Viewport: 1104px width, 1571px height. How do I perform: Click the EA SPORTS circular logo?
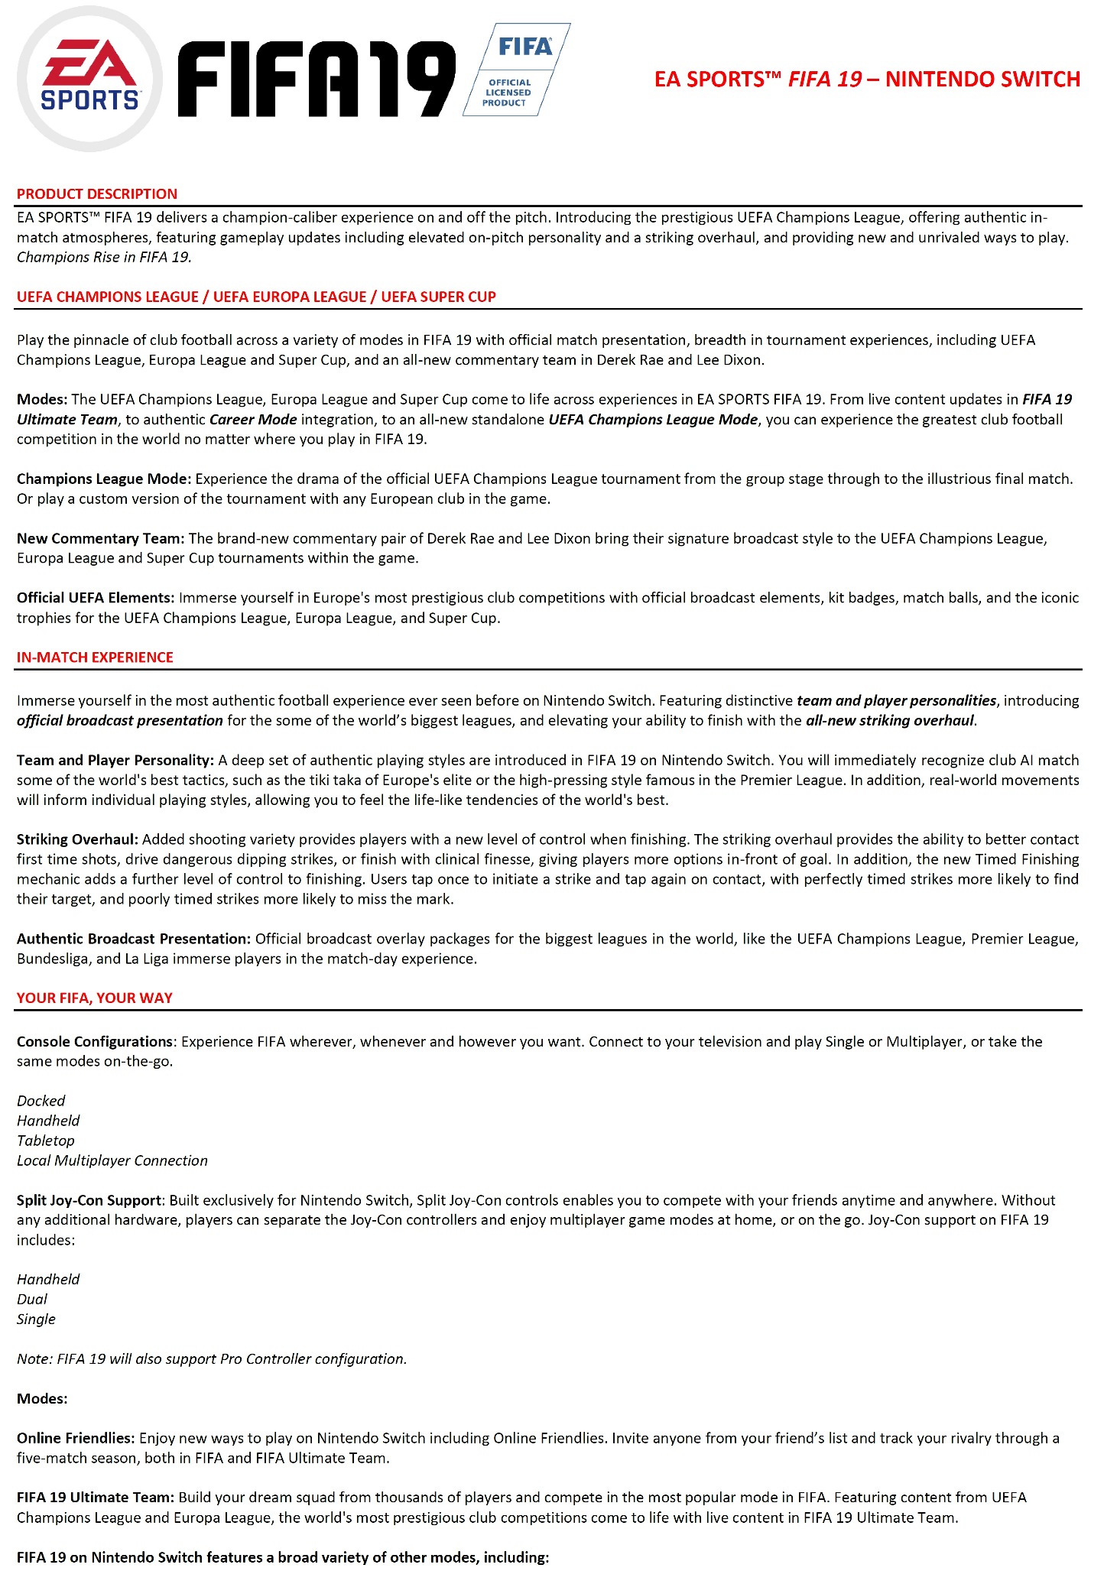89,80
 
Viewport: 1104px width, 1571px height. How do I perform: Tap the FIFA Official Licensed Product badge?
516,70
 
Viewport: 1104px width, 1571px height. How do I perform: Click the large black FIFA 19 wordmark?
317,80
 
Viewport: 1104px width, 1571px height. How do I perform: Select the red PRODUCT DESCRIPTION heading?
97,194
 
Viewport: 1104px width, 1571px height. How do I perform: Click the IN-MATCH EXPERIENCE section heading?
95,657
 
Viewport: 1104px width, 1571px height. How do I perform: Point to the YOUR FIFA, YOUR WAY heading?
95,998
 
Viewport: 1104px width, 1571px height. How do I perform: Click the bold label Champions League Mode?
104,479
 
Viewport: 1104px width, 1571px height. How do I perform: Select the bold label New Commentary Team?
100,539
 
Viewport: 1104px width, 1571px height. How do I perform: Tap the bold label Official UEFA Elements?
96,598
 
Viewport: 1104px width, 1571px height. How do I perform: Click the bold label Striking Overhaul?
77,839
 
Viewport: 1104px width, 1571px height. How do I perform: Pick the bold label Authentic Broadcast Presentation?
134,939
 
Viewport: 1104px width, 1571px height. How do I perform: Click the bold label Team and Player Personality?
115,761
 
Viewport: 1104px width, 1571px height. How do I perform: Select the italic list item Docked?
41,1101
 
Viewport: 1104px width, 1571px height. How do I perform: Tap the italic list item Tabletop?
46,1141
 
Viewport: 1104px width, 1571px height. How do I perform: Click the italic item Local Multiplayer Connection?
112,1160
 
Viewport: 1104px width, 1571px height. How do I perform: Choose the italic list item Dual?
32,1300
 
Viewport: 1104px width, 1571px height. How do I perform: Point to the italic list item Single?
36,1319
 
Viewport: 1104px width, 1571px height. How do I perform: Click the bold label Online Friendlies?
76,1439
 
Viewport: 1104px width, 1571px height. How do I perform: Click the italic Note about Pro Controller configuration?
212,1359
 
